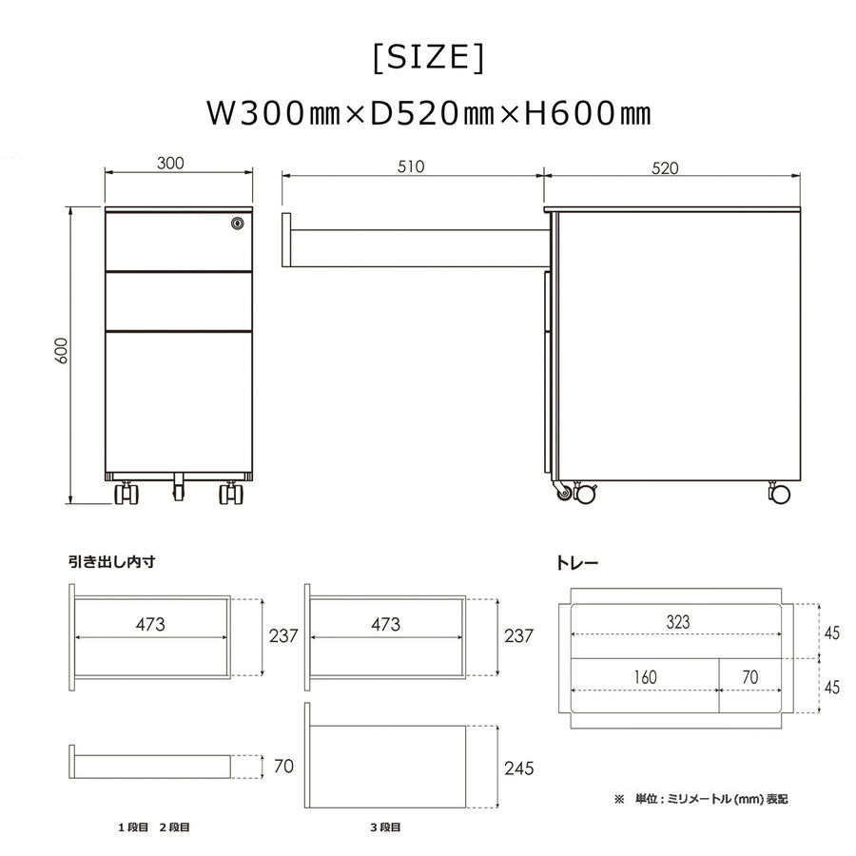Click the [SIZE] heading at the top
(x=428, y=57)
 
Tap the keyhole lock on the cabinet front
(x=237, y=223)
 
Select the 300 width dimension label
(x=170, y=163)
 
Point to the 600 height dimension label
(x=61, y=350)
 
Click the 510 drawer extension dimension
(x=411, y=166)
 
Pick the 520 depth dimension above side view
(x=665, y=168)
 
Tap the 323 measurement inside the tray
(x=678, y=622)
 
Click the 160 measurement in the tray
(x=645, y=677)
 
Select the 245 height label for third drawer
(x=518, y=768)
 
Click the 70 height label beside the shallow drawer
(x=283, y=766)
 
